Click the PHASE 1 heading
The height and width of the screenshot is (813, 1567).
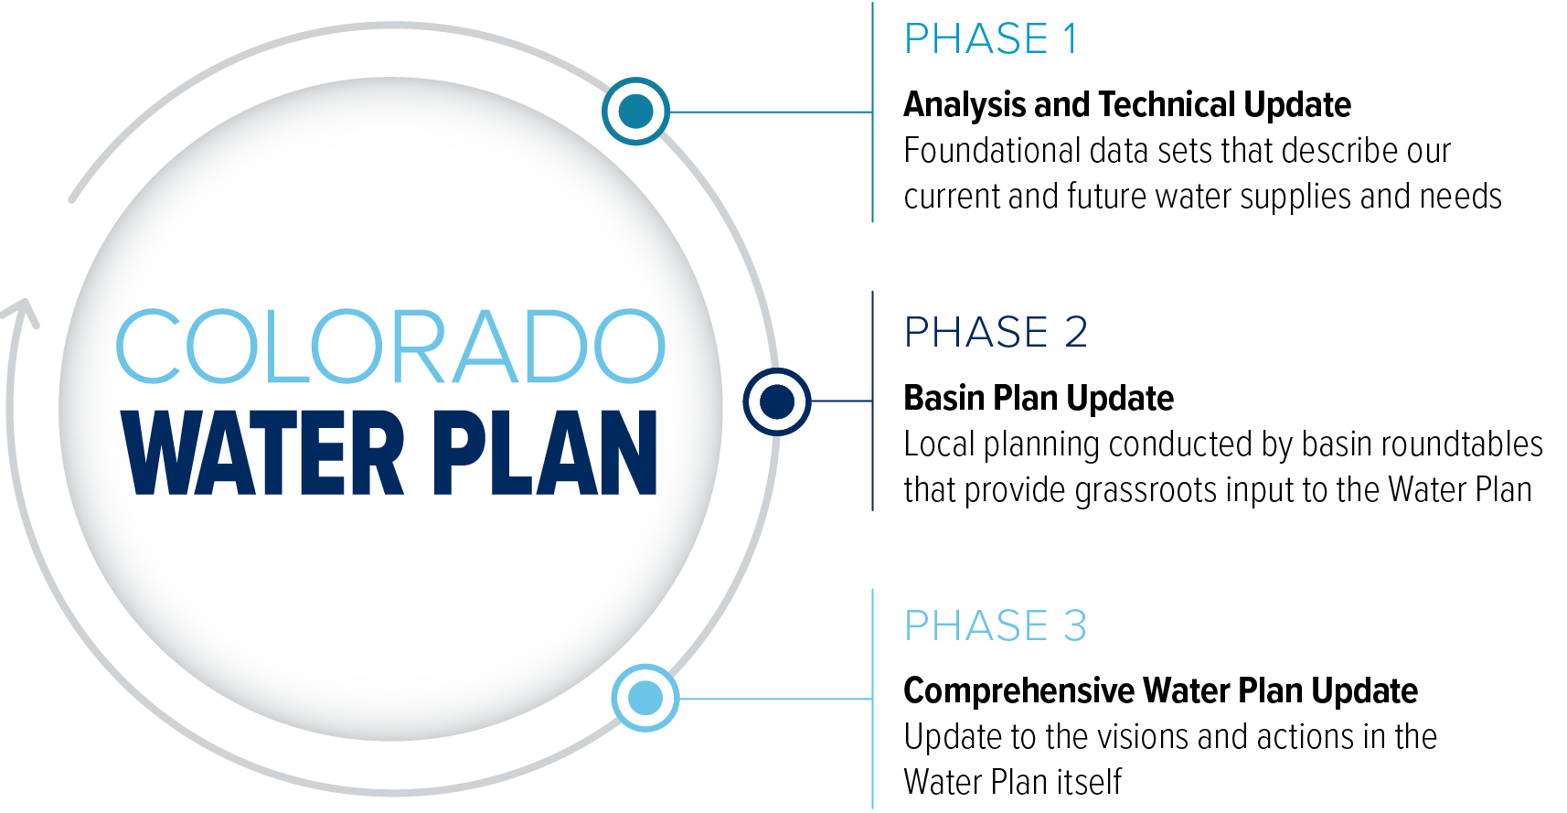click(x=990, y=38)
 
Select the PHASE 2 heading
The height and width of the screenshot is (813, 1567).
click(x=996, y=332)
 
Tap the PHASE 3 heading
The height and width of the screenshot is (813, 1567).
click(x=996, y=625)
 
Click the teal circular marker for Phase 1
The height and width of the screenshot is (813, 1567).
click(x=636, y=112)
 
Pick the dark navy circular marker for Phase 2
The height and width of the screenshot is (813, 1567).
click(x=776, y=401)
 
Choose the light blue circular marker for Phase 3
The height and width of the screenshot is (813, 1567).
click(x=645, y=699)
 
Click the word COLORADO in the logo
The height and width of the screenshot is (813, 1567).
click(x=390, y=347)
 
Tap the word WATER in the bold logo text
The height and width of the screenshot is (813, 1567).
click(x=262, y=454)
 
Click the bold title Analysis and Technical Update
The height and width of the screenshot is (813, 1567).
click(x=1127, y=105)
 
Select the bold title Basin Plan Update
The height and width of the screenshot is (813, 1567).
click(x=1039, y=398)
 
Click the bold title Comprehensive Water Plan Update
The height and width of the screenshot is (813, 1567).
click(x=1160, y=691)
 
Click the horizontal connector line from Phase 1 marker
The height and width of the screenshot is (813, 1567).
click(x=771, y=112)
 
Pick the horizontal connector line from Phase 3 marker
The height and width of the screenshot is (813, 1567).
click(x=776, y=699)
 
